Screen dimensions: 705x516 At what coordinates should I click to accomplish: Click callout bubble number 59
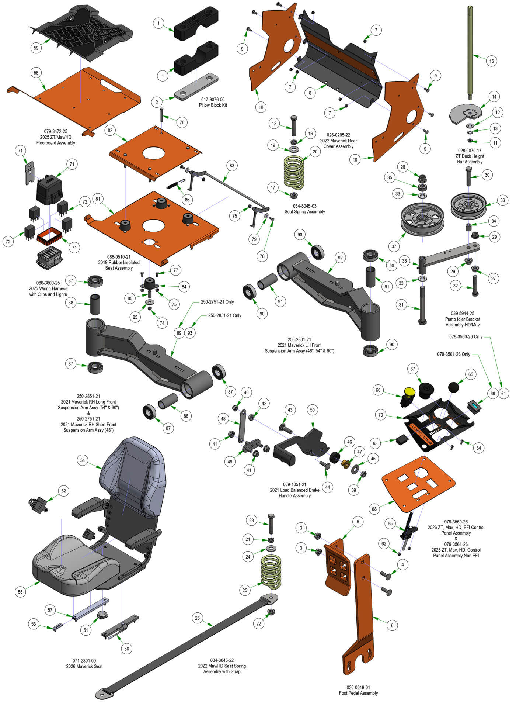(36, 48)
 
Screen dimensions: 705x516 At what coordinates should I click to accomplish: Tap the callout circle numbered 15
(491, 61)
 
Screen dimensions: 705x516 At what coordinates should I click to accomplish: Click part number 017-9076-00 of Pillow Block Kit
(213, 100)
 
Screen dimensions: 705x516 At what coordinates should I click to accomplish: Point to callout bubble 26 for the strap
(197, 618)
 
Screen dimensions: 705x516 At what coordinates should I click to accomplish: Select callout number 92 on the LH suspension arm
(340, 258)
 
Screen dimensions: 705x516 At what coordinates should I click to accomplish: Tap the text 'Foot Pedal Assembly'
(358, 693)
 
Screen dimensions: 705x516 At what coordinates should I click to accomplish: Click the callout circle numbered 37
(394, 246)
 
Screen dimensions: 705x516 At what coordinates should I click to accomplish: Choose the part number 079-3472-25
(56, 131)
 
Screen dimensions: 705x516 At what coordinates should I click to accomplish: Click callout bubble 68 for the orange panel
(374, 509)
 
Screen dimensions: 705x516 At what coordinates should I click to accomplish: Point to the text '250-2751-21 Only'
(217, 302)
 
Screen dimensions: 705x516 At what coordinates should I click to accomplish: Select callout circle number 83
(231, 166)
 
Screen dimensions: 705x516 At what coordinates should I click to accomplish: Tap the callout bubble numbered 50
(313, 410)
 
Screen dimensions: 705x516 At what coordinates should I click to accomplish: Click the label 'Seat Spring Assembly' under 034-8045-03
(304, 212)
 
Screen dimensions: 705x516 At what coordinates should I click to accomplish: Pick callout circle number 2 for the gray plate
(157, 102)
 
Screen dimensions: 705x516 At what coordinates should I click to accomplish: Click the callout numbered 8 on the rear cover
(310, 93)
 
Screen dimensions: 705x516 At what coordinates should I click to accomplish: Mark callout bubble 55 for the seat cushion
(20, 592)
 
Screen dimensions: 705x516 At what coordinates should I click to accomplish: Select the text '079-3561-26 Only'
(453, 354)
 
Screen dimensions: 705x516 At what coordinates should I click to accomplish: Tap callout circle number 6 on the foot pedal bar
(392, 625)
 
